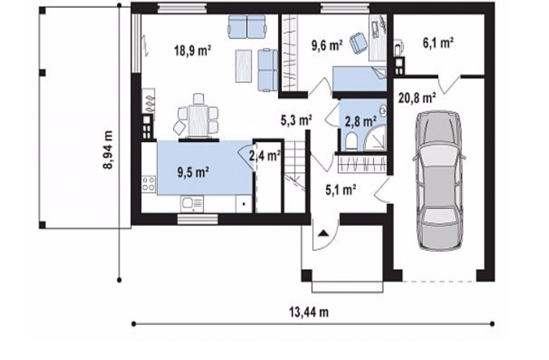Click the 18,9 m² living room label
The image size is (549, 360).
(x=192, y=50)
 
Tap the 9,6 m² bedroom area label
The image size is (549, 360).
(x=326, y=45)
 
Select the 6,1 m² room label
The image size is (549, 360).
(x=438, y=43)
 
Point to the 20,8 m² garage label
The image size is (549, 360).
(x=417, y=98)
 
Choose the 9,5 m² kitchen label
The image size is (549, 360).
(x=193, y=172)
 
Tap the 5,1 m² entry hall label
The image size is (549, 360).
(x=341, y=190)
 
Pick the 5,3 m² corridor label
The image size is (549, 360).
(x=296, y=120)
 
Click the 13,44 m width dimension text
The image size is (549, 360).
(x=309, y=312)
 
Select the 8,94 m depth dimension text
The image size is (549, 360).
(x=108, y=150)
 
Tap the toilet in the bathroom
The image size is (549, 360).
(x=351, y=143)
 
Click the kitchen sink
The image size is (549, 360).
(x=192, y=204)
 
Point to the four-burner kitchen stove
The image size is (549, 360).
(x=149, y=184)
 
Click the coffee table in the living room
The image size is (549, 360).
(x=244, y=66)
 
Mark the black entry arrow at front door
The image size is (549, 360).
(x=323, y=233)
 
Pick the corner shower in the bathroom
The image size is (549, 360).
(x=375, y=139)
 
